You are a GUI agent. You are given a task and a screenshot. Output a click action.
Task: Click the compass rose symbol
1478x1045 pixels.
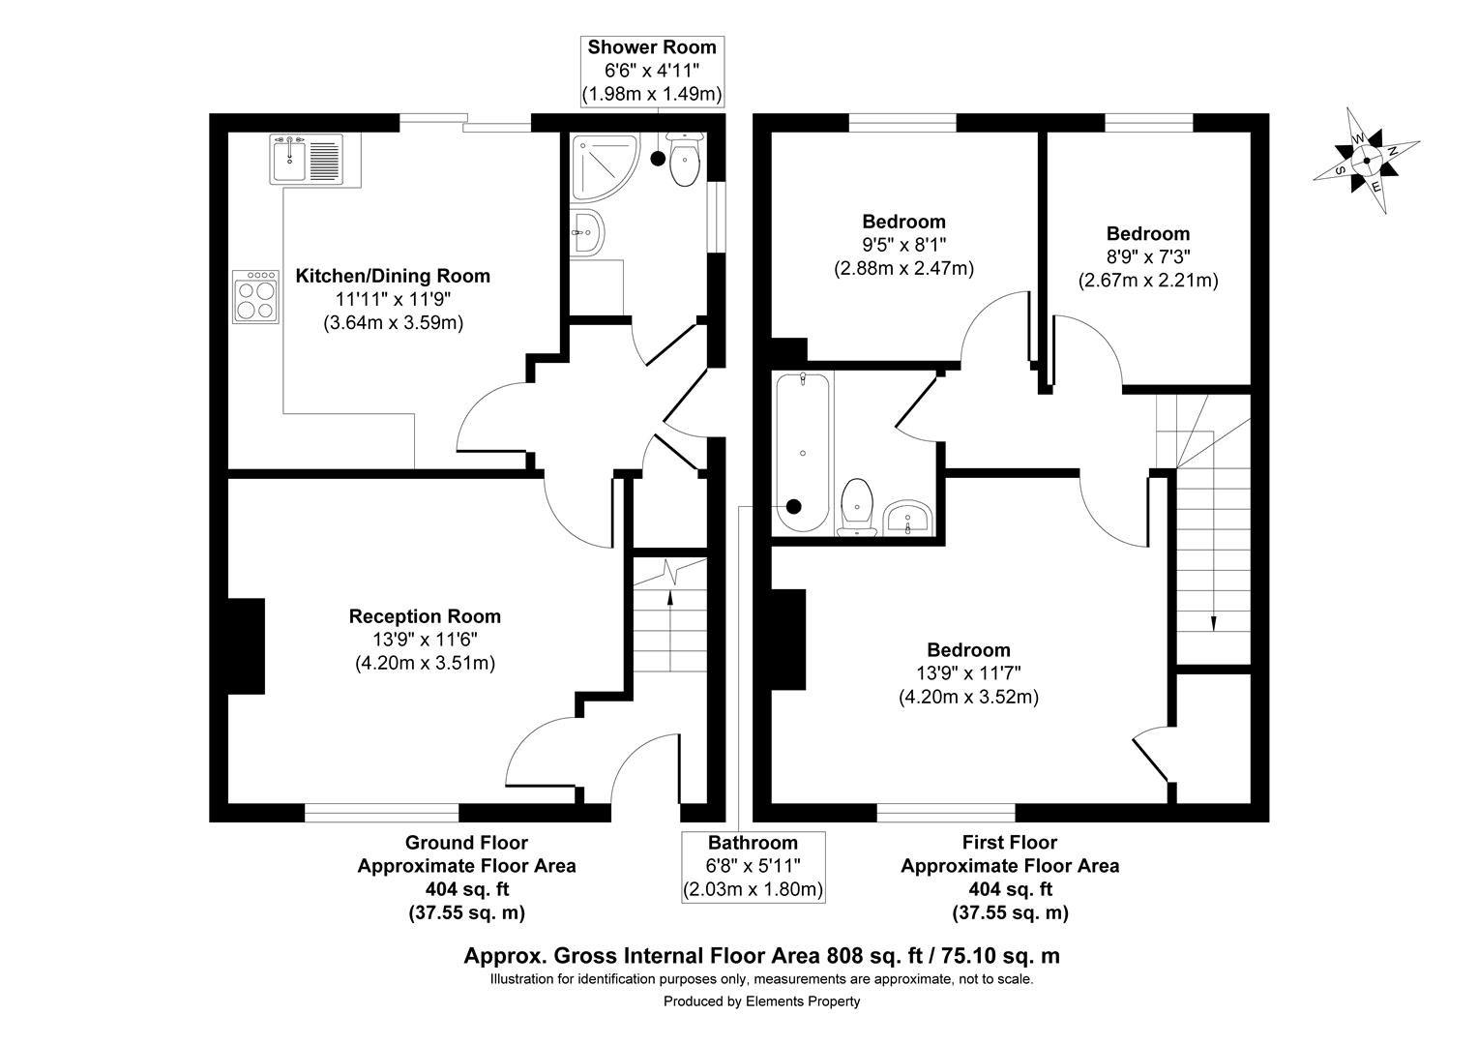[1366, 161]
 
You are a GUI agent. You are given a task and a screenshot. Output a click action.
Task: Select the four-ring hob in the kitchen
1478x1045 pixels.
[255, 297]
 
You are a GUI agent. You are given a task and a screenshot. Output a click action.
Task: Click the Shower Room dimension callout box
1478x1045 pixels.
[653, 71]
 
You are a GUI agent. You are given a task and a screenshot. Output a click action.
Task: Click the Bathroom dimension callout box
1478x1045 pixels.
[753, 866]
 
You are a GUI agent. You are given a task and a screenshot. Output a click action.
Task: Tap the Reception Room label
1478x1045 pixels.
[425, 616]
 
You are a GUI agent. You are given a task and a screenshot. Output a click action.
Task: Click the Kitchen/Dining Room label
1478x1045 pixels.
[393, 276]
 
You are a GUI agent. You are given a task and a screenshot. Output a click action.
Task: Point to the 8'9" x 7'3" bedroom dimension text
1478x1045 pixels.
[1148, 257]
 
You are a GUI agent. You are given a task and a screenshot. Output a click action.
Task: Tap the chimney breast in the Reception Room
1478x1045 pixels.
[246, 645]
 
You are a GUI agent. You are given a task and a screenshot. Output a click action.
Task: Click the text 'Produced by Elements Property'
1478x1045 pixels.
[761, 1001]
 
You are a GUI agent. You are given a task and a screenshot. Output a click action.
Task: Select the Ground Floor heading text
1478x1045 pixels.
[466, 843]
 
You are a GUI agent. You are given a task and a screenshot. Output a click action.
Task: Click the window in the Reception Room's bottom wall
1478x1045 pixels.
[382, 812]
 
